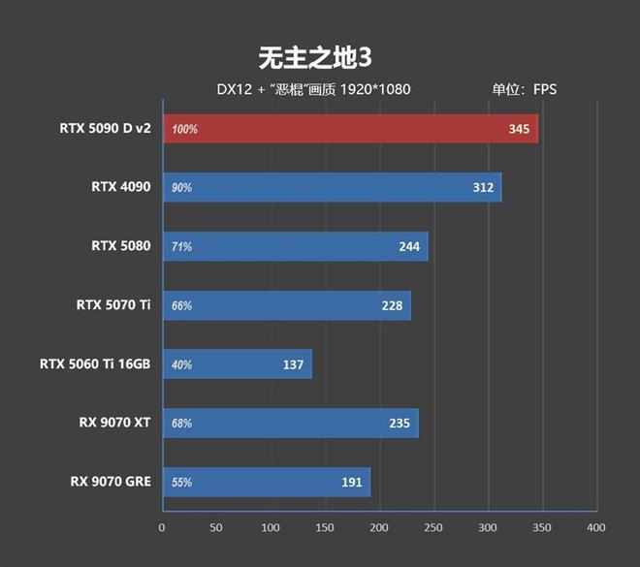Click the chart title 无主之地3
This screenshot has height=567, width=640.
coord(316,57)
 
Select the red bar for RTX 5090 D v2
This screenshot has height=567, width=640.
coord(349,128)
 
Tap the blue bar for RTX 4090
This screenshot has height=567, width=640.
coord(330,187)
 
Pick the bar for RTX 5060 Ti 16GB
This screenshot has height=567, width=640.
coord(237,364)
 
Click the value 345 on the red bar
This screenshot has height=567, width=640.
coord(519,128)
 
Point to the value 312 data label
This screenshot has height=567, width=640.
coord(483,187)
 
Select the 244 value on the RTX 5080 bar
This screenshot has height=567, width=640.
coord(409,246)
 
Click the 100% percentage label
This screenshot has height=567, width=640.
coord(184,129)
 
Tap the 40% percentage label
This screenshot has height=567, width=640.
coord(181,364)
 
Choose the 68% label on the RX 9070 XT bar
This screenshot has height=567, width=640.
coord(181,424)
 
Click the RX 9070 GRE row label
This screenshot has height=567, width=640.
coord(111,481)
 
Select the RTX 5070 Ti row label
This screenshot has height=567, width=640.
coord(113,304)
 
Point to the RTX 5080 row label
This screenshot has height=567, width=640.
coord(121,245)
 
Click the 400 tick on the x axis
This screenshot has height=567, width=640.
coord(596,527)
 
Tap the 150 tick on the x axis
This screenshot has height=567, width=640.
coord(324,527)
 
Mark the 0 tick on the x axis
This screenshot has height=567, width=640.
coord(162,527)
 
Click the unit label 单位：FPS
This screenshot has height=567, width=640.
coord(524,89)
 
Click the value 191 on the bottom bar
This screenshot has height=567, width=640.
coord(351,482)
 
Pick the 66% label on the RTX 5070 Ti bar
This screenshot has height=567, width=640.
coord(181,305)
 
